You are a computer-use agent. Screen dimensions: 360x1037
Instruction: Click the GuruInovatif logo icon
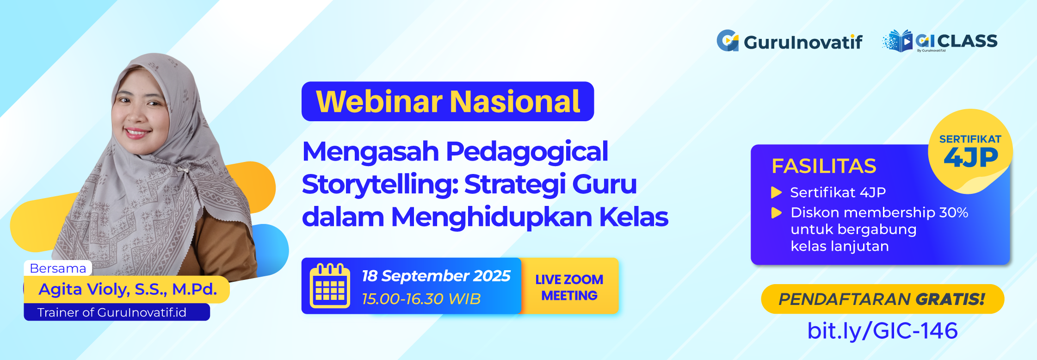tap(728, 41)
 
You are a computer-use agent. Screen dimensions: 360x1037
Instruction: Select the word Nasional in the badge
tap(515, 101)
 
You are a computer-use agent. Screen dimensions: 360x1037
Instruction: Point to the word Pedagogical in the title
tap(527, 152)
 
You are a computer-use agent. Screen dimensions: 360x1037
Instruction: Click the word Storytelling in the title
tap(379, 184)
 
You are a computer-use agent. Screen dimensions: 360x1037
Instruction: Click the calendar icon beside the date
tap(330, 286)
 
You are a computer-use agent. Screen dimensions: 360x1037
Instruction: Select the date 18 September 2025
tap(436, 276)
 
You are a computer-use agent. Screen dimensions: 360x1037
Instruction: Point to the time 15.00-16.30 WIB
tap(421, 299)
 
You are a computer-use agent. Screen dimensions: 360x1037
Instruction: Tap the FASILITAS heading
tap(824, 166)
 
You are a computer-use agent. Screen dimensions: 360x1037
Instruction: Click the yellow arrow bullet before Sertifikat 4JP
tap(776, 192)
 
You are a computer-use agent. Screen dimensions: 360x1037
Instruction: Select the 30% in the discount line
tap(953, 212)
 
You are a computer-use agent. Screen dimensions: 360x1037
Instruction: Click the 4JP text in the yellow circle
tap(970, 158)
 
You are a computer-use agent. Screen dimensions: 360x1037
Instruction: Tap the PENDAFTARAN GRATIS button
tap(882, 299)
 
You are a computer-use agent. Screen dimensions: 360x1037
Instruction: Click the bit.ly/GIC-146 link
tap(882, 330)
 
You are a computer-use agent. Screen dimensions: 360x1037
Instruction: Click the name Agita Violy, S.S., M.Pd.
tap(128, 289)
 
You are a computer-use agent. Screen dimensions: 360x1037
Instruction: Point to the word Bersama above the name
tap(58, 268)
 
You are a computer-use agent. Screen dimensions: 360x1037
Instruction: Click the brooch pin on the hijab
tap(184, 170)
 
